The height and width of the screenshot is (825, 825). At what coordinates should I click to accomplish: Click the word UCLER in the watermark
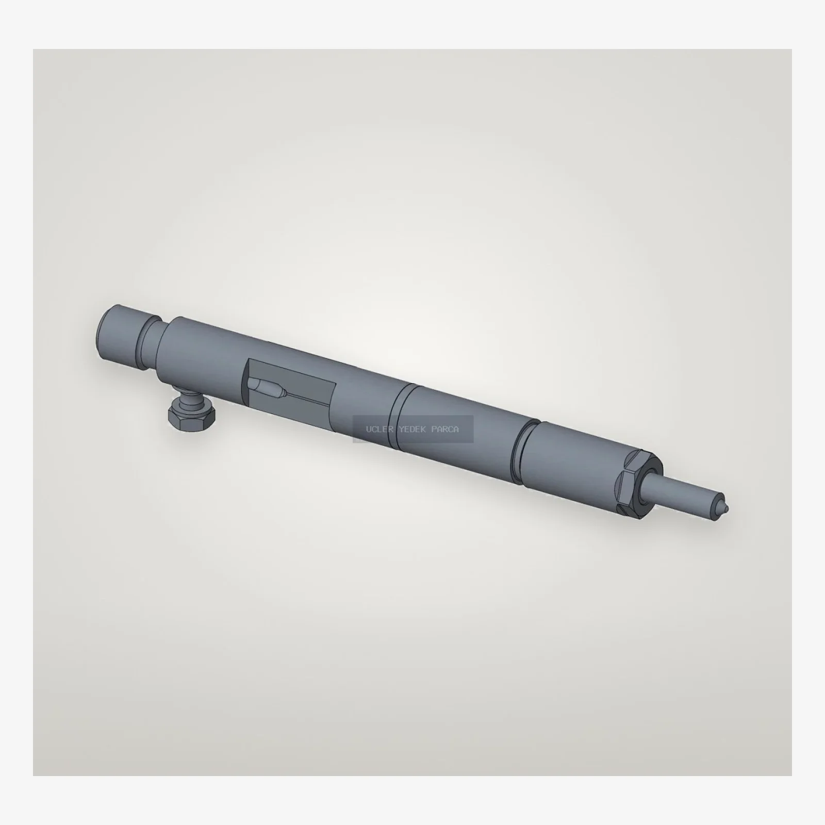pos(377,430)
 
